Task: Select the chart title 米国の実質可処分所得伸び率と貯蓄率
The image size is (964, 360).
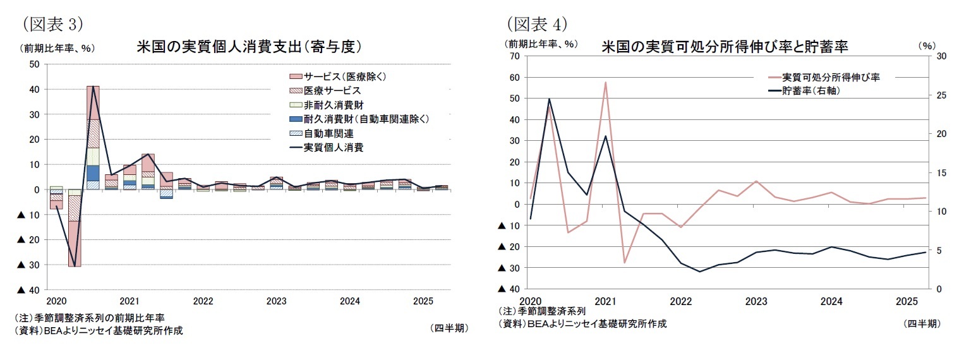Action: tap(725, 47)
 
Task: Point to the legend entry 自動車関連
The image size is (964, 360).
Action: tap(328, 133)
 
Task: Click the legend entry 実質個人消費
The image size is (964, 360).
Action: tap(333, 147)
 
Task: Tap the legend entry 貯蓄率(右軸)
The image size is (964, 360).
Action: tap(811, 91)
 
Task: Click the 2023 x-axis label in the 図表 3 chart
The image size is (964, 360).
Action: tap(276, 301)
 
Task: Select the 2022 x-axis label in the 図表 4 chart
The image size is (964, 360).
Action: tap(680, 301)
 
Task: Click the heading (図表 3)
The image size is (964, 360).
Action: tap(53, 24)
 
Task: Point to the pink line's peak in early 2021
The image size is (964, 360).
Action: tap(605, 82)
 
